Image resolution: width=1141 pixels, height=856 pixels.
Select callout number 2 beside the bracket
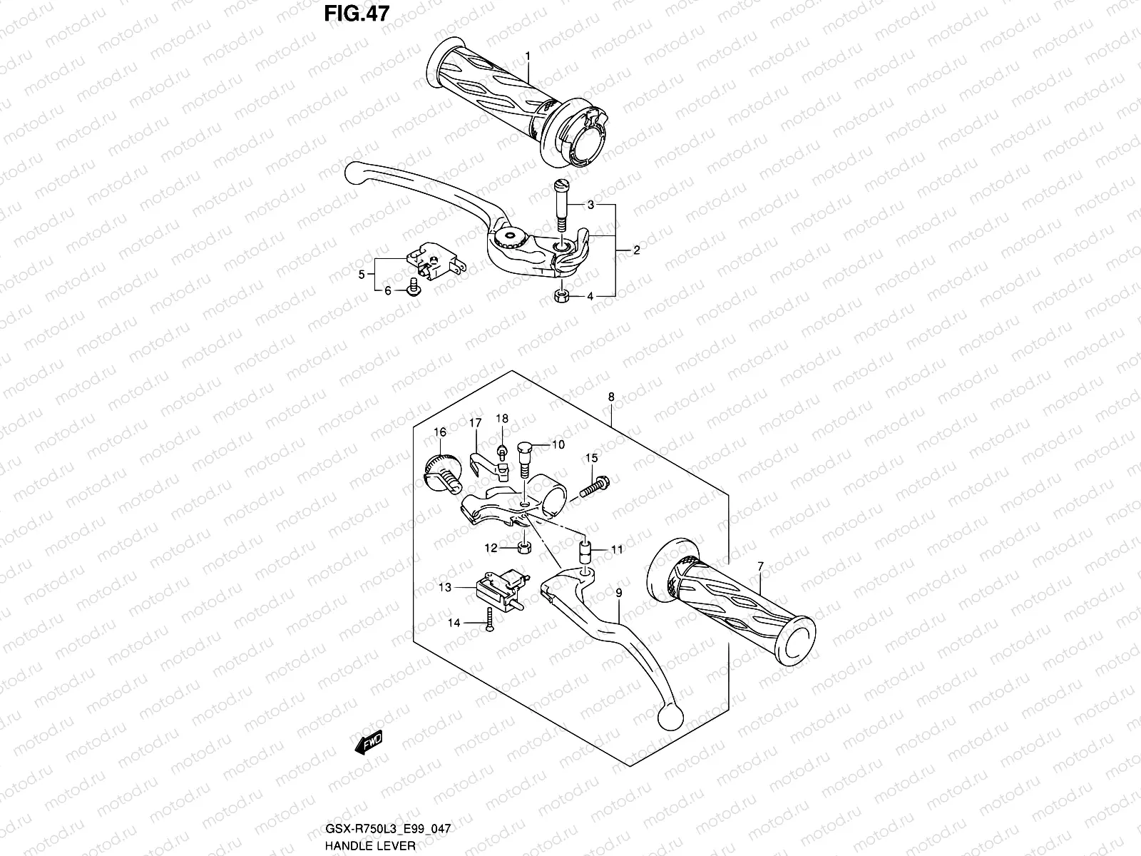coord(636,250)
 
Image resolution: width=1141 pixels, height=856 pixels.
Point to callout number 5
coord(362,274)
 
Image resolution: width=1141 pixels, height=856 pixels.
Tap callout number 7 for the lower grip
coord(761,566)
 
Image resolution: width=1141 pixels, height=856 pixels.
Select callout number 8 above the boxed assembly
coord(611,397)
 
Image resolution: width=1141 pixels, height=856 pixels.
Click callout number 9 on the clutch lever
coord(619,592)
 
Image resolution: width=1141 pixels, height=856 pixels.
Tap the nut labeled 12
coord(523,548)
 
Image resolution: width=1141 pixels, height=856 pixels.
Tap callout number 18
coord(502,418)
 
